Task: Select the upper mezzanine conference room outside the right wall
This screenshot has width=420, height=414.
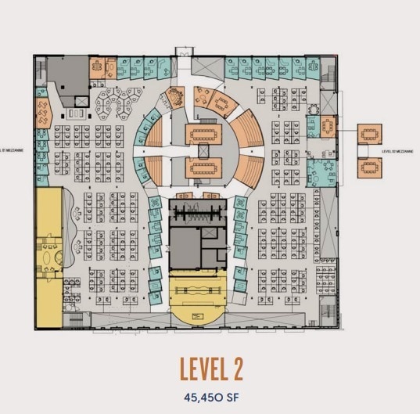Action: tap(369, 134)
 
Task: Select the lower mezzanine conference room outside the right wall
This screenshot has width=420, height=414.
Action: tap(369, 167)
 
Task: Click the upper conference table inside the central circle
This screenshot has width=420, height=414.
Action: tap(205, 133)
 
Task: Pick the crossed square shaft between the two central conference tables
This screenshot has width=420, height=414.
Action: tap(205, 149)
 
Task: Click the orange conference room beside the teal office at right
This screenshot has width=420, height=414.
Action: tap(327, 125)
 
